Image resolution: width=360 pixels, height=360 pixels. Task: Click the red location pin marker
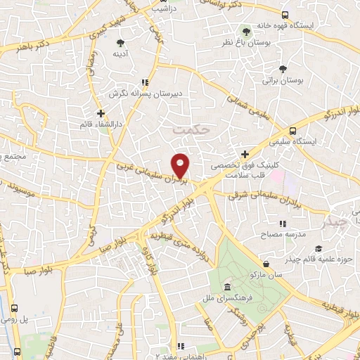click(181, 165)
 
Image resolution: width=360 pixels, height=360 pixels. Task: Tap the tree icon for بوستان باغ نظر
click(245, 32)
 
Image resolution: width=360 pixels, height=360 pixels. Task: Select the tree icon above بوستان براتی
click(283, 69)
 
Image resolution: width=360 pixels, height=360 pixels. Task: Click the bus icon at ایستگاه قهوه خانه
click(284, 15)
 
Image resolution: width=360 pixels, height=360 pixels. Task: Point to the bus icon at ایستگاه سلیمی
click(293, 131)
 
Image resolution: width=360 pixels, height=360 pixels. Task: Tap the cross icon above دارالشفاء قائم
click(101, 112)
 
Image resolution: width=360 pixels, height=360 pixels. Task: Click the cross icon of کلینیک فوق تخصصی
click(245, 154)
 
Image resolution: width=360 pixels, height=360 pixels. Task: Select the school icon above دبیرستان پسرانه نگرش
click(145, 82)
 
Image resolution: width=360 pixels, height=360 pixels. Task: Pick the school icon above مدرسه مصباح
click(283, 224)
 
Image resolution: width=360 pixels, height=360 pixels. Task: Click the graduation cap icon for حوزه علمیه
click(319, 249)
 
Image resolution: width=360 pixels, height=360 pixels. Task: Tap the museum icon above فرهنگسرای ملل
click(227, 288)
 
